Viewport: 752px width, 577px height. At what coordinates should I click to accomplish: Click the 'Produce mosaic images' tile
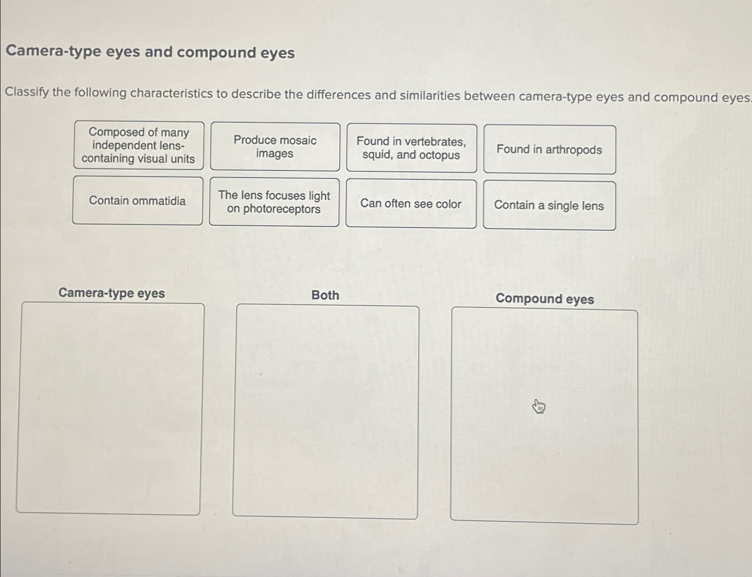275,147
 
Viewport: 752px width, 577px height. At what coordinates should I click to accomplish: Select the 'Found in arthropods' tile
549,149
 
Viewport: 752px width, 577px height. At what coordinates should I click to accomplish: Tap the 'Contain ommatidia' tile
137,201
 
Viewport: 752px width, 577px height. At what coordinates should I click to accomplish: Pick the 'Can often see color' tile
411,204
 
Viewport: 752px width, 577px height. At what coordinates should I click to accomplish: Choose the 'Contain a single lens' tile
549,206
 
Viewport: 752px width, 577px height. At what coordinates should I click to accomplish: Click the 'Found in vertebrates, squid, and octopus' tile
411,148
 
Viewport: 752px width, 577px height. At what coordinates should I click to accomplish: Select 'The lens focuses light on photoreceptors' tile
274,202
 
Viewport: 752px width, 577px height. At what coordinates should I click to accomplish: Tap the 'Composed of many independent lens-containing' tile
139,145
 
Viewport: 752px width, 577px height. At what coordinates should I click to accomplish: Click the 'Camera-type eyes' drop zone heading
112,293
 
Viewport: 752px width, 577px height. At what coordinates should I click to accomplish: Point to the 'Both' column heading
325,295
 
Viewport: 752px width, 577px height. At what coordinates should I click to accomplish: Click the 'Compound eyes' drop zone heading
545,299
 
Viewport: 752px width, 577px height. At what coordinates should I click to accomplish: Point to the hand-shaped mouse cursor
538,406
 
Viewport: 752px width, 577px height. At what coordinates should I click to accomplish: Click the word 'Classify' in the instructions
27,92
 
